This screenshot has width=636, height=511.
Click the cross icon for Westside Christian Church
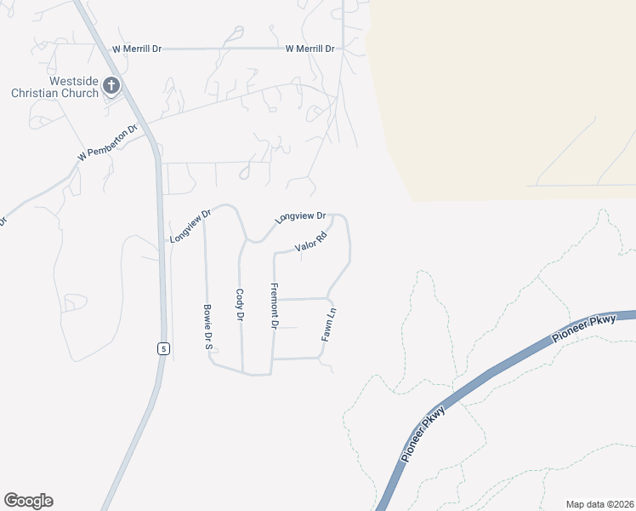(x=111, y=84)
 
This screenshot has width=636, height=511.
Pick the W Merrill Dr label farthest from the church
(x=311, y=49)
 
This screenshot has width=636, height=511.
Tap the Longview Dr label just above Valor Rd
(x=301, y=219)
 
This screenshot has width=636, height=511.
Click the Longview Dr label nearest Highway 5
(x=190, y=227)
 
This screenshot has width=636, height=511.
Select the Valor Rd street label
(x=311, y=243)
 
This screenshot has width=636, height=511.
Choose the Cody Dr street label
(x=240, y=304)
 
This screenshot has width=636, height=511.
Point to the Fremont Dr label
(x=275, y=307)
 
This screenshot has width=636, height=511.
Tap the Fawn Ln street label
(x=330, y=324)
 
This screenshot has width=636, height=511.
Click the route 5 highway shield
(x=162, y=348)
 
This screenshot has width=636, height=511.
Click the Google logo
(x=28, y=501)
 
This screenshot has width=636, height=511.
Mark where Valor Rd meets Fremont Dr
(x=274, y=254)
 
